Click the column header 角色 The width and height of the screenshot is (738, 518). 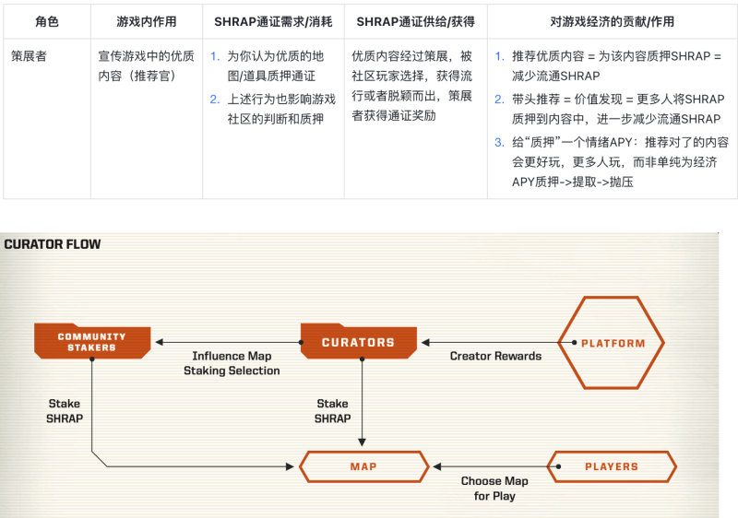coord(47,20)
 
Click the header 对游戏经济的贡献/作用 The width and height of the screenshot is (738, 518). coord(611,20)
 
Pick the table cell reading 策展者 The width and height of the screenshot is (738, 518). coord(29,56)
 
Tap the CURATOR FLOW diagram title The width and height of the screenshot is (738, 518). coord(53,244)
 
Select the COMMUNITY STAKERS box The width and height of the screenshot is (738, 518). coord(92,342)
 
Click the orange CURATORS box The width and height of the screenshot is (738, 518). coord(358,342)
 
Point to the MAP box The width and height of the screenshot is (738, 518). coord(363,466)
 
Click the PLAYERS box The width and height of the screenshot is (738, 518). coord(611,466)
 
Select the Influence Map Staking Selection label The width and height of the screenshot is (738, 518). coord(232,363)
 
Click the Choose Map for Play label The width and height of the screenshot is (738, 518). coord(494,488)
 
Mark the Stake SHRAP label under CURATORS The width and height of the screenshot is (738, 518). coord(333,411)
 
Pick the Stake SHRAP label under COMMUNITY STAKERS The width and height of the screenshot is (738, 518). coord(65,411)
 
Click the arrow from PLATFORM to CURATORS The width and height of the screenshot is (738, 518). coord(489,343)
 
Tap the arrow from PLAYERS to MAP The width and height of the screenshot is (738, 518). coord(489,466)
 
